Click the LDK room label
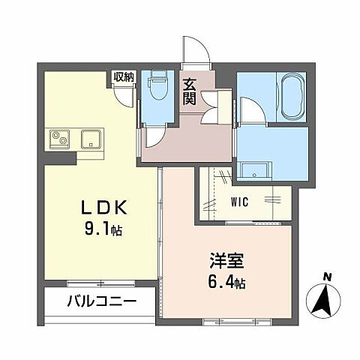pos(97,207)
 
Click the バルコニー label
pos(100,304)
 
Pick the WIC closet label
pos(239,200)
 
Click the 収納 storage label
pos(123,76)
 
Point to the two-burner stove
pos(60,139)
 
